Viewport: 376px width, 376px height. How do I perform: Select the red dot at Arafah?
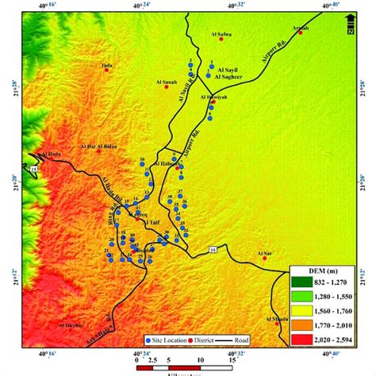coord(300,33)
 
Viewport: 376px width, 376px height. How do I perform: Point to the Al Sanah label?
coord(166,81)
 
